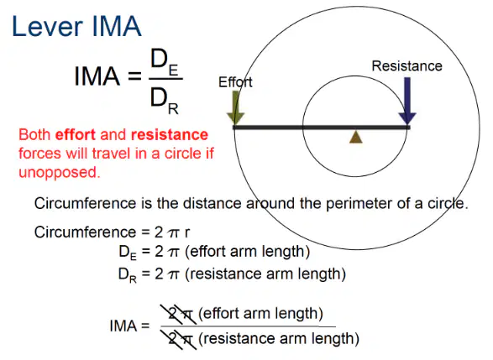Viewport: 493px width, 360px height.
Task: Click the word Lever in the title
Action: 47,26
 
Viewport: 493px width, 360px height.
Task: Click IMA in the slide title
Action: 117,26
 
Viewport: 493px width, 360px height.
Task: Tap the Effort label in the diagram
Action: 235,82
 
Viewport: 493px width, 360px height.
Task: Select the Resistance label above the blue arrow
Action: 406,66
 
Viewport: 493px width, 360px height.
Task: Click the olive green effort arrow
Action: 235,107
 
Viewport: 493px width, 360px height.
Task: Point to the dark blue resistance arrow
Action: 407,101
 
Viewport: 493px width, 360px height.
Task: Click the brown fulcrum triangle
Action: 356,138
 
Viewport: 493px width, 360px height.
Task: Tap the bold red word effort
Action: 75,135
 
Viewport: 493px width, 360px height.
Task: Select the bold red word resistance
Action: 170,135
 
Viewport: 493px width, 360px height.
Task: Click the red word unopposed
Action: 60,173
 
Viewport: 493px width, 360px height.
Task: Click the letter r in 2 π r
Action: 187,232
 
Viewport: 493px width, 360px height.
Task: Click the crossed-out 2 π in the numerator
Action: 178,314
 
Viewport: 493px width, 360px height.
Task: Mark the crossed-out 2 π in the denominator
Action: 178,339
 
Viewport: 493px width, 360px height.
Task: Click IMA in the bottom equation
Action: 123,326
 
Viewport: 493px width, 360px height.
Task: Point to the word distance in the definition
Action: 212,204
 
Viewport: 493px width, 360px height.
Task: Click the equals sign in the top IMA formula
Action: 135,76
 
